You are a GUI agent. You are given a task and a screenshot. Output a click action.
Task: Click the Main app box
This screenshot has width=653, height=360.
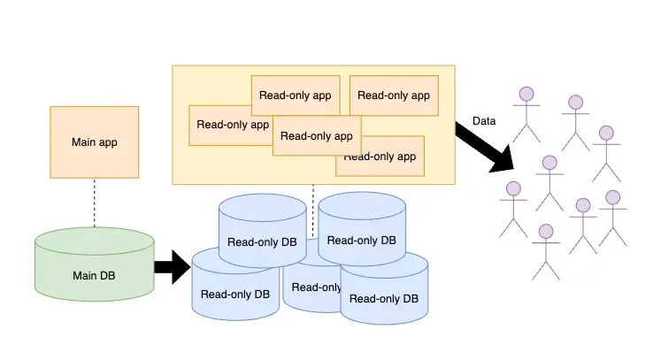pyautogui.click(x=94, y=142)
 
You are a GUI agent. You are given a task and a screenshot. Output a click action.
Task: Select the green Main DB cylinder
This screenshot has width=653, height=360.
pyautogui.click(x=94, y=265)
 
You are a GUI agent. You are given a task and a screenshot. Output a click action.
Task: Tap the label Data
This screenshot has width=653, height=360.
pyautogui.click(x=484, y=121)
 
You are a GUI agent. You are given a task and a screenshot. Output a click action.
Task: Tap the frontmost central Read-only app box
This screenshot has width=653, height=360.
pyautogui.click(x=316, y=135)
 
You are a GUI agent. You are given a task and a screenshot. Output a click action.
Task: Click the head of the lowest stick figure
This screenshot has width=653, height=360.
pyautogui.click(x=546, y=232)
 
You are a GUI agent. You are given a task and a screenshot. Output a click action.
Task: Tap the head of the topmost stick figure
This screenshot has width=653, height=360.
pyautogui.click(x=527, y=92)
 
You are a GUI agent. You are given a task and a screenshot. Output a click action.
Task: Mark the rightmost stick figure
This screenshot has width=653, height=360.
pyautogui.click(x=612, y=217)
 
